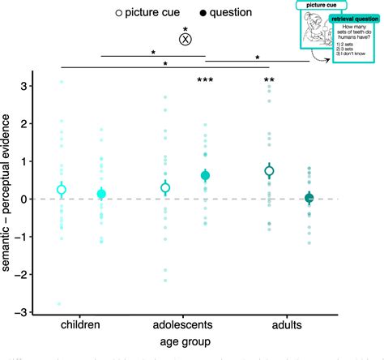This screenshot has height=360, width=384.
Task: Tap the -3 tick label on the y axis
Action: [27, 312]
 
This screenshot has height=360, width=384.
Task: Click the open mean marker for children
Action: [61, 190]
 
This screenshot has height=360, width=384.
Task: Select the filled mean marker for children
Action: [101, 194]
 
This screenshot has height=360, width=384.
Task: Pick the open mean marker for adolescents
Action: [165, 187]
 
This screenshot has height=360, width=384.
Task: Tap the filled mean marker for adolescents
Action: [205, 176]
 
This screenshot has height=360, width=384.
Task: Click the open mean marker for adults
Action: [270, 170]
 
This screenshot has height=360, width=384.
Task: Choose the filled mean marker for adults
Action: [309, 198]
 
